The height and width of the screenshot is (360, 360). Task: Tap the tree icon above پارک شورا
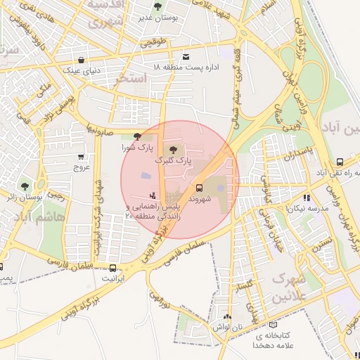coord(136,136)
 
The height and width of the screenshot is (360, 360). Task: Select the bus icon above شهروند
coord(200,188)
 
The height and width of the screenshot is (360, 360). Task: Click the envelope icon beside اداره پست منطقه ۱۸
coord(186,56)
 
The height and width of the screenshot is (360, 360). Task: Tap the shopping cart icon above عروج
coord(82,156)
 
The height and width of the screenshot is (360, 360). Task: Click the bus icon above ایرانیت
coord(112,267)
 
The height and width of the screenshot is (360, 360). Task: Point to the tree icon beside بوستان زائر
coord(25,186)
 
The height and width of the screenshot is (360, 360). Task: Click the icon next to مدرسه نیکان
coord(306,198)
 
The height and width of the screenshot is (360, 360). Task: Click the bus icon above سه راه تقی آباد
coord(340,160)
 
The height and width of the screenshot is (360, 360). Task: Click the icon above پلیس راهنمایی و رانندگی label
coord(153,195)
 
